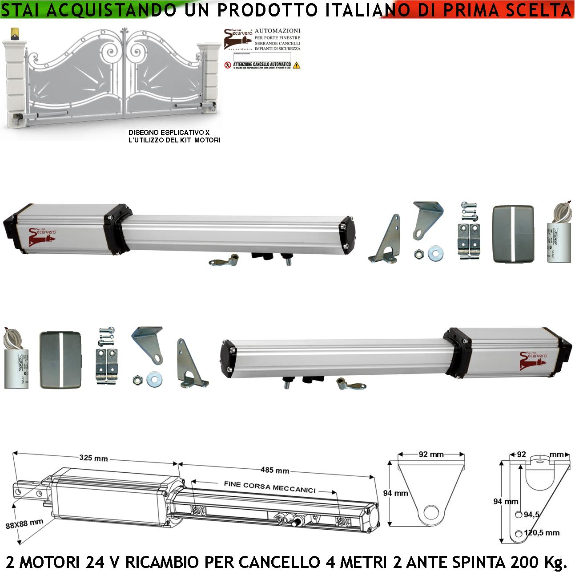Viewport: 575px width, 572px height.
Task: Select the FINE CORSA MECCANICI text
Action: (x=269, y=487)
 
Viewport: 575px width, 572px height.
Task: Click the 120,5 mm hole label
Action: (x=541, y=532)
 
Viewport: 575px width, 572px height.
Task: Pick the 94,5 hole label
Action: (x=531, y=515)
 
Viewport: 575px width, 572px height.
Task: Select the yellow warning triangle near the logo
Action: (x=297, y=65)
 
